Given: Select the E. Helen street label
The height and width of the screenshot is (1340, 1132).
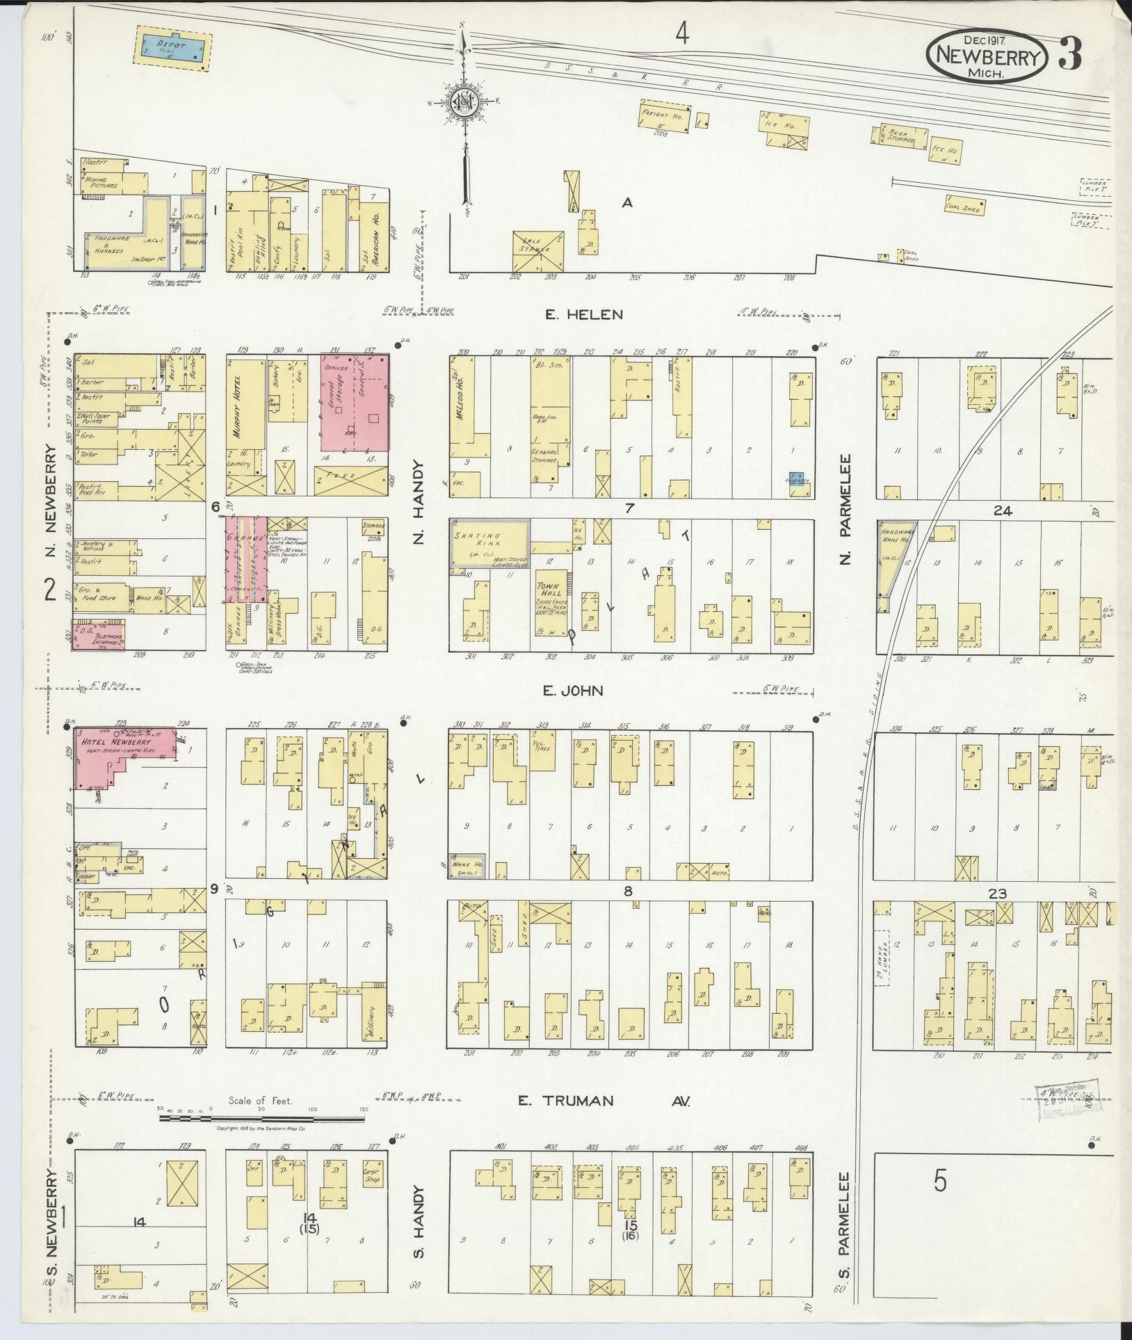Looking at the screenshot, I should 583,315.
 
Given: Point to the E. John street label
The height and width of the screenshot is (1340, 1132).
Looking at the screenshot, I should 574,691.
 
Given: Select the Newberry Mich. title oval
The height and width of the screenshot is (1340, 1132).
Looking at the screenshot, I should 986,55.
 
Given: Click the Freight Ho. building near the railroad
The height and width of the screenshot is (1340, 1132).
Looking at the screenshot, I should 664,114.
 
